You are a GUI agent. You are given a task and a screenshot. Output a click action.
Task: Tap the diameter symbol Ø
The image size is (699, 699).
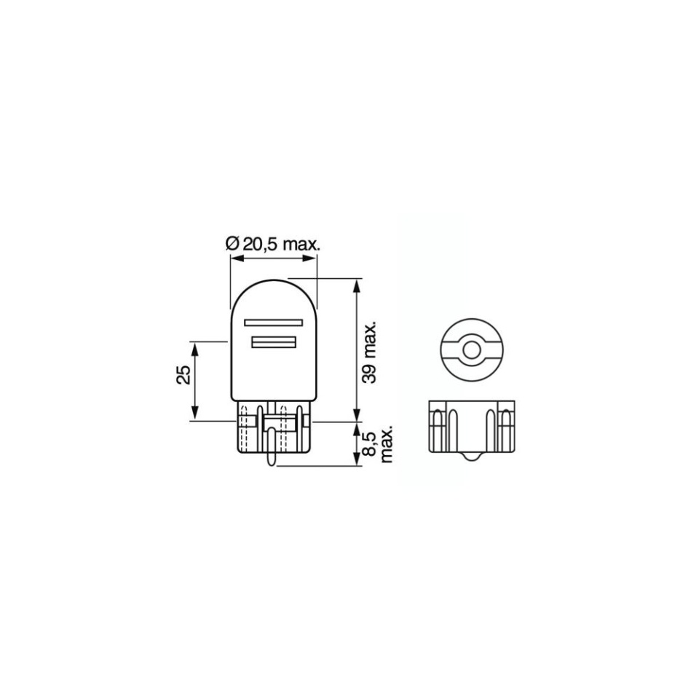[x=232, y=245]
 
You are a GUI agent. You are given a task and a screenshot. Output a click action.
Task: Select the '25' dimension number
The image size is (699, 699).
[x=184, y=376]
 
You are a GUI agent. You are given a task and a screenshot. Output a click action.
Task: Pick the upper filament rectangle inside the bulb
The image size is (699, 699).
[x=273, y=323]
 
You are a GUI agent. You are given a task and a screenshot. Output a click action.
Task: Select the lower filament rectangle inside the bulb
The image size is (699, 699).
[x=274, y=342]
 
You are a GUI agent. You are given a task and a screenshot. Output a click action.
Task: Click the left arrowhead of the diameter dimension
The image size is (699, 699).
[x=237, y=258]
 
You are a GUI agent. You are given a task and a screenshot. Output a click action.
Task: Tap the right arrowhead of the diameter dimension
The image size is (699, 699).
[x=310, y=258]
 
